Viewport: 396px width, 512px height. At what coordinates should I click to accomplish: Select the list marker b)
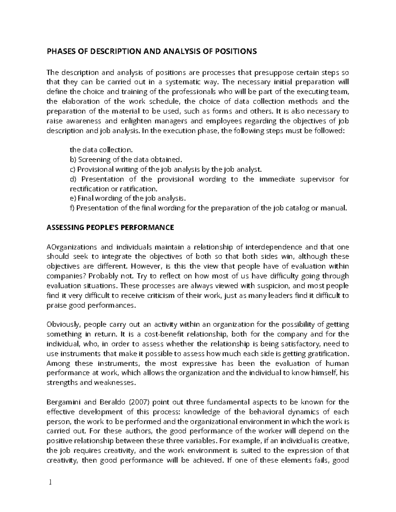[73, 160]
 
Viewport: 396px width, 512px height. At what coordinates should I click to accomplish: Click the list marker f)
[72, 208]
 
